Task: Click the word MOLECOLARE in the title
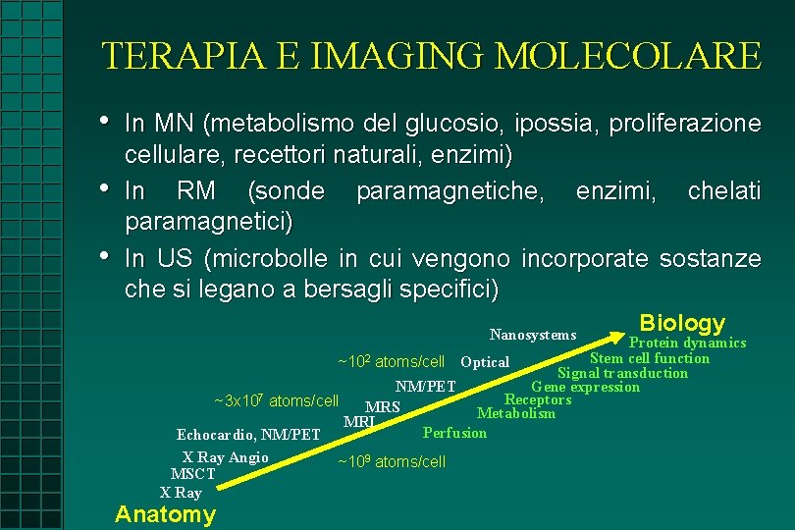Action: point(628,56)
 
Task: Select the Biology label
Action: point(682,323)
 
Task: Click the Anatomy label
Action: point(165,514)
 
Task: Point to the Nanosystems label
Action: point(533,336)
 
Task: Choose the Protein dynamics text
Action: point(687,343)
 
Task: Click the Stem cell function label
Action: point(649,358)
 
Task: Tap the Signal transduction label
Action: point(622,373)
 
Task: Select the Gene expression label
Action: point(585,387)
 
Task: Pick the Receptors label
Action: point(537,399)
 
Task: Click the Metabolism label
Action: point(515,413)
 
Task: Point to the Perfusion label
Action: point(454,433)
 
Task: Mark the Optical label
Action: point(485,362)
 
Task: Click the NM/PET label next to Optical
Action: point(426,386)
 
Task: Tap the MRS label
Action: point(382,406)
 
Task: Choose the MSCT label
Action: point(192,474)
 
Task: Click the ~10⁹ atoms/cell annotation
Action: point(392,461)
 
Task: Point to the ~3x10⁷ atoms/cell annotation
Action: point(276,400)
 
